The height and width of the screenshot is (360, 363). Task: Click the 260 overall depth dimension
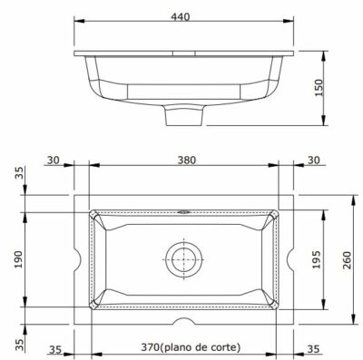[x=348, y=260]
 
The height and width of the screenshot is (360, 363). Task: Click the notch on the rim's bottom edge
[x=185, y=324]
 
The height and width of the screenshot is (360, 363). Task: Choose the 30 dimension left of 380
[x=54, y=160]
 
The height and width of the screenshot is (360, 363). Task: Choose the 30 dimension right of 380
[x=313, y=160]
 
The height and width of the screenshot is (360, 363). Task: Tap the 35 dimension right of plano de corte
[x=313, y=348]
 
